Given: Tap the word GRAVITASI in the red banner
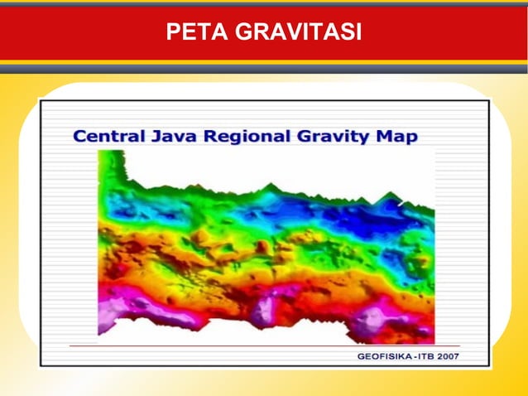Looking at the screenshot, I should point(298,32).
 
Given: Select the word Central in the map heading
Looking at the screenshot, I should point(107,137).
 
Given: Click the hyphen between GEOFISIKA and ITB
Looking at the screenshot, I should point(420,356).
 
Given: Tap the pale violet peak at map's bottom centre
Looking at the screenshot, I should point(264,311).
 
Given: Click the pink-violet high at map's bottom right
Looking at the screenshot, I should point(371,319).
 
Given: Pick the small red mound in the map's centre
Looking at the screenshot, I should point(262,247).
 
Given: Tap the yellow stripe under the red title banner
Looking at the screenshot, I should point(264,62).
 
